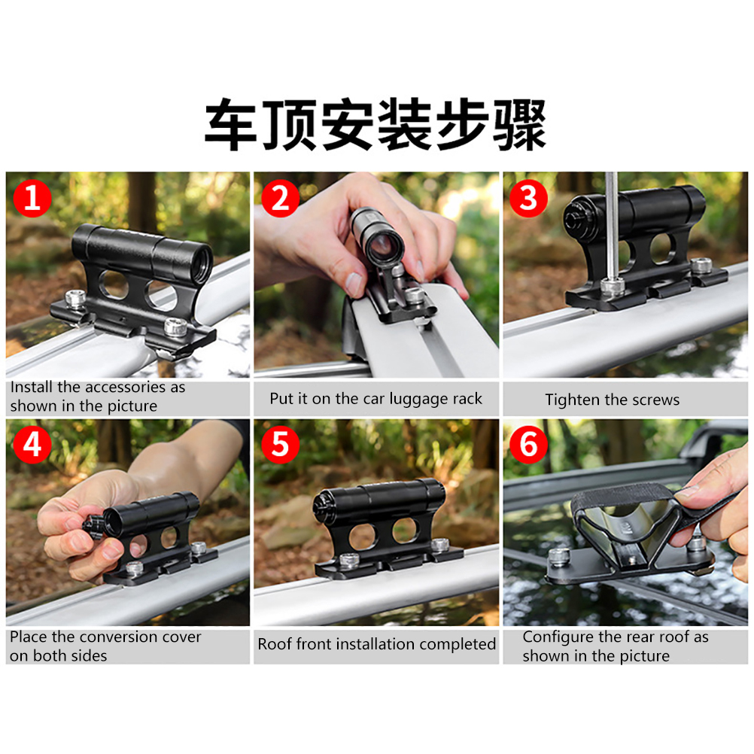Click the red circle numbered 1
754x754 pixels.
click(32, 198)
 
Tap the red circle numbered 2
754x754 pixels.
click(281, 198)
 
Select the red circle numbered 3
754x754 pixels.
click(528, 198)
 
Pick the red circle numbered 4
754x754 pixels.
click(32, 444)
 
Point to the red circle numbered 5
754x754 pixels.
click(281, 444)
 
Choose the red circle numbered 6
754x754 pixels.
click(528, 444)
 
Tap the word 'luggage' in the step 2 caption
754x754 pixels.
click(418, 399)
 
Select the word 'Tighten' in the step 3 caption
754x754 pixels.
click(573, 400)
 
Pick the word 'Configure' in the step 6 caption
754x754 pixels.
click(558, 637)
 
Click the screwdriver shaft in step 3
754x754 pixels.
click(612, 226)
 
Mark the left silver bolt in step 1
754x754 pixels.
click(75, 299)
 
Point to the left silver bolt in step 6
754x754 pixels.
click(559, 556)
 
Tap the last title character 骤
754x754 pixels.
click(520, 123)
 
